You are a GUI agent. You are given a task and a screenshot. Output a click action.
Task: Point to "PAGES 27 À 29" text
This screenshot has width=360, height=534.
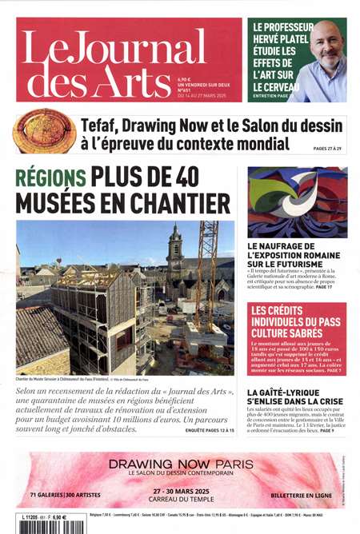click(x=329, y=149)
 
